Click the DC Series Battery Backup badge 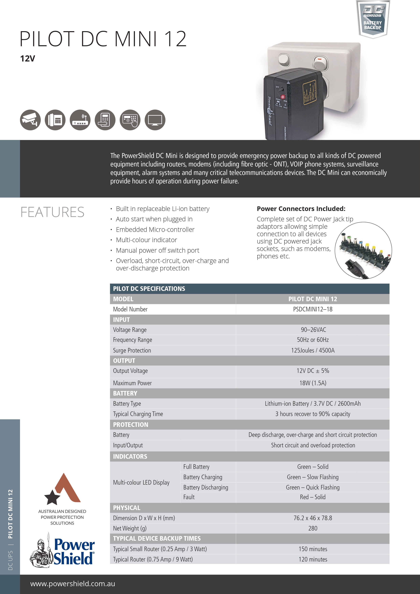373,19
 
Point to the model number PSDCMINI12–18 313,309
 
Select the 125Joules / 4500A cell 313,350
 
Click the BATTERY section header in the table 125,393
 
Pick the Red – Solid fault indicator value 313,497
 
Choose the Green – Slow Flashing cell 313,477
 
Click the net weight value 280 313,528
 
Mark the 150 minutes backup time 313,549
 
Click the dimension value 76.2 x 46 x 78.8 313,518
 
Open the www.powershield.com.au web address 73,584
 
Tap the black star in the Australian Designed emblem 52,497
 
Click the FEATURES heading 52,212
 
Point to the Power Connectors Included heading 301,209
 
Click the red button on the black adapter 283,97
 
